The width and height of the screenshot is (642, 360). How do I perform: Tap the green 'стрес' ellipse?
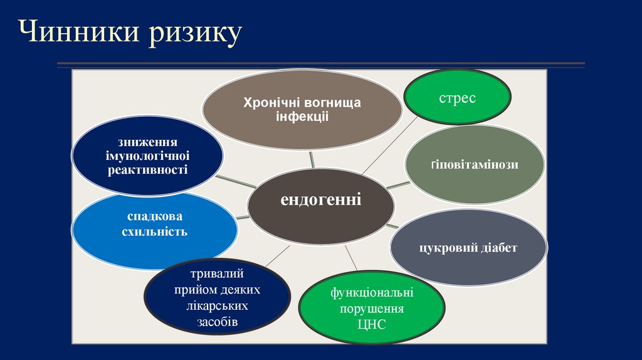[x=456, y=98]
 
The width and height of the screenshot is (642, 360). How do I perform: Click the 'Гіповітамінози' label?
[x=474, y=165]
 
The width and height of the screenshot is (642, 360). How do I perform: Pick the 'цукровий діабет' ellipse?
[x=468, y=248]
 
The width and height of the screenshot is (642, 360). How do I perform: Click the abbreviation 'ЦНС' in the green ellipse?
[x=371, y=324]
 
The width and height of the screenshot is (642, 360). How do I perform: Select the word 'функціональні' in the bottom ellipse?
[x=372, y=293]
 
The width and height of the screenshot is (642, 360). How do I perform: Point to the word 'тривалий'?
[x=217, y=274]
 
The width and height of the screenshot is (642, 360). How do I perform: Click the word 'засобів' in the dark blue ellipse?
[x=217, y=322]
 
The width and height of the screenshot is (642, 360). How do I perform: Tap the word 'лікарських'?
[x=218, y=306]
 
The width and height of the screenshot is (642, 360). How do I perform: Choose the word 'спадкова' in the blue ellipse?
[x=155, y=216]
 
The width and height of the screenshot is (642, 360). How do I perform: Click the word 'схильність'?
[x=155, y=232]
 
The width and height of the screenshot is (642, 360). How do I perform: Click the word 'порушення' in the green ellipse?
[x=372, y=309]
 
